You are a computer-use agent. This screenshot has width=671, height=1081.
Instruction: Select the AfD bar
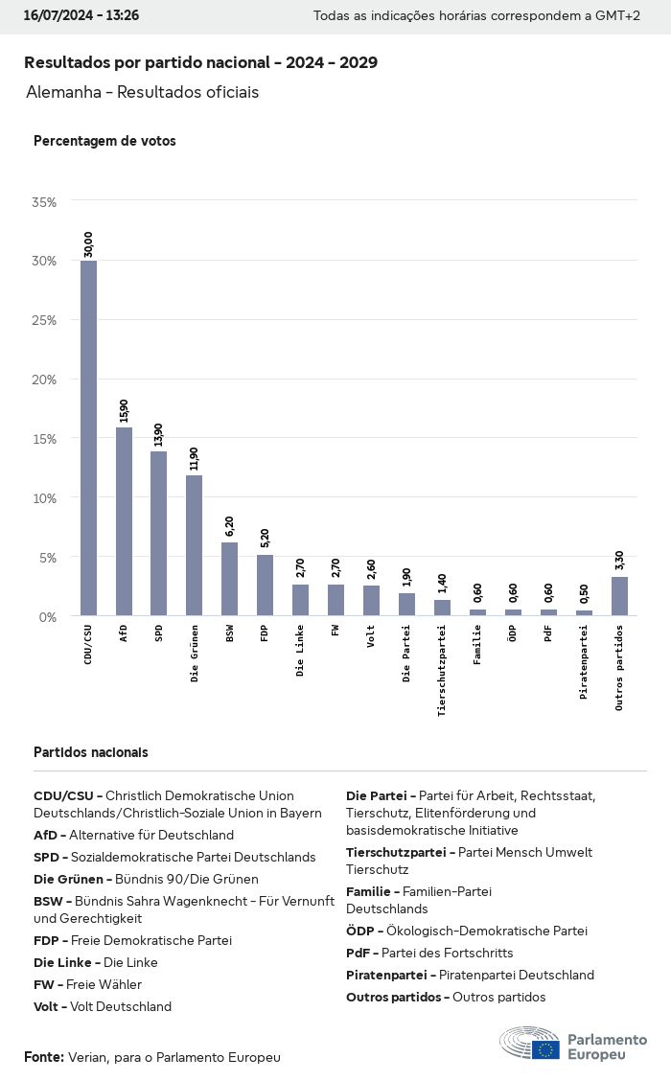(124, 521)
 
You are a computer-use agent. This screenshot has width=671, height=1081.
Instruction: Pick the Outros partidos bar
(619, 596)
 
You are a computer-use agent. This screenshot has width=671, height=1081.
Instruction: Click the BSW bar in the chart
(229, 579)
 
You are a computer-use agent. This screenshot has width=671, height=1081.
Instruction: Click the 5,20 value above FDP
(266, 537)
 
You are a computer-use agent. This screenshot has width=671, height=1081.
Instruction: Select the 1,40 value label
(442, 583)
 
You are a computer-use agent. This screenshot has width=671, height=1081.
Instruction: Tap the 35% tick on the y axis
(44, 202)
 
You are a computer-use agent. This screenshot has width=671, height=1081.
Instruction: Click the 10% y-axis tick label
(44, 498)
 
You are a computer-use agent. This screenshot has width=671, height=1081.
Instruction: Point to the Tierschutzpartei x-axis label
(442, 670)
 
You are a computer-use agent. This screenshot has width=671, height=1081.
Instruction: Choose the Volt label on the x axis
(371, 637)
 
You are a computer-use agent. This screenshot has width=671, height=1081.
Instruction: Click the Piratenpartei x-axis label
(584, 662)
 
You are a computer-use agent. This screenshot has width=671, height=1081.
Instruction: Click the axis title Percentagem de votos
(104, 141)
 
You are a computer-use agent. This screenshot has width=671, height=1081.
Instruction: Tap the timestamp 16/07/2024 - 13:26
(81, 16)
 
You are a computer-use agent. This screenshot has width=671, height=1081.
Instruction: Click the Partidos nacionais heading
(90, 752)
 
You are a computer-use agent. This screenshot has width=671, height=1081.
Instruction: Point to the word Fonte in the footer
(43, 1056)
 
